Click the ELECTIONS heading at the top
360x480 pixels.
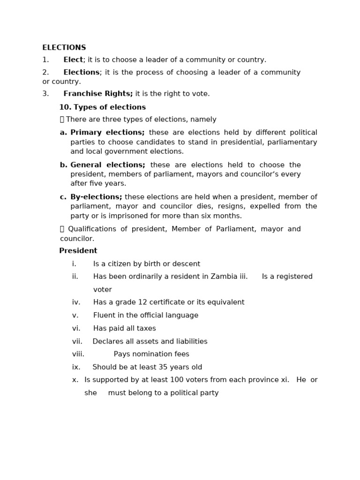[x=64, y=48]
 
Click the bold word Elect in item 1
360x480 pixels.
[x=73, y=60]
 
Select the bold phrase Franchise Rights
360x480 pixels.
[x=98, y=94]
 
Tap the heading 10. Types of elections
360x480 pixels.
[x=102, y=107]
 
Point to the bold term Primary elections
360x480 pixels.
[x=107, y=133]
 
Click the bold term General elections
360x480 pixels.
[x=108, y=165]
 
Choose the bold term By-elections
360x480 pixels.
[x=96, y=197]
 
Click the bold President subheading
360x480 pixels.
[x=78, y=251]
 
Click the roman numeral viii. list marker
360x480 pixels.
[x=78, y=354]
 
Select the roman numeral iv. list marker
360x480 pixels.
[x=77, y=302]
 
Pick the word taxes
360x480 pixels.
[x=145, y=329]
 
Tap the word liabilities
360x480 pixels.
[x=189, y=341]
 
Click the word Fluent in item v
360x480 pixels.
[x=104, y=315]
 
